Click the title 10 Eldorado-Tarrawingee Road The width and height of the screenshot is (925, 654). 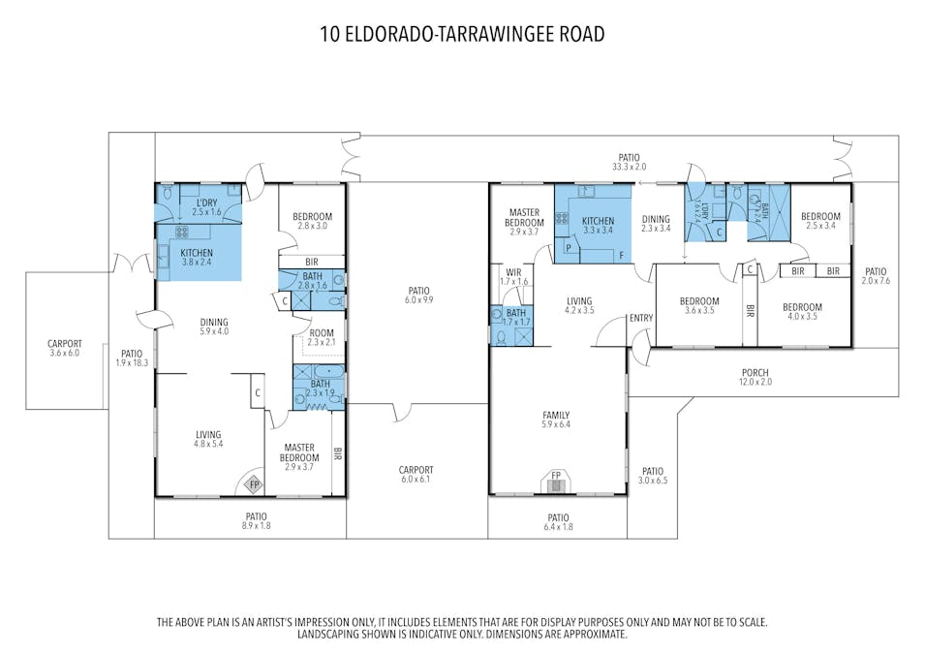(x=463, y=34)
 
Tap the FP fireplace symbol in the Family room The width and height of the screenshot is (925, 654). (x=556, y=482)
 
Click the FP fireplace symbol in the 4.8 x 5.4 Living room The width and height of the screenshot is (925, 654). (x=255, y=485)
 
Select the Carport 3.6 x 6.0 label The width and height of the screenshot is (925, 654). (x=65, y=348)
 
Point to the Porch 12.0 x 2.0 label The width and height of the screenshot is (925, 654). (x=755, y=377)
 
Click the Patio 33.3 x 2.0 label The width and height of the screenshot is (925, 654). (x=629, y=163)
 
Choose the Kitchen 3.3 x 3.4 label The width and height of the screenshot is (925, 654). (x=599, y=226)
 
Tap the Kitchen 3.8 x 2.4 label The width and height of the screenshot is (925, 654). (x=197, y=258)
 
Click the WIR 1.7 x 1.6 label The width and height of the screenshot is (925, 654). (x=513, y=277)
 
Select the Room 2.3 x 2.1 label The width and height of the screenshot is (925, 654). (x=322, y=337)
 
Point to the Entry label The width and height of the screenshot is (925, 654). (x=641, y=318)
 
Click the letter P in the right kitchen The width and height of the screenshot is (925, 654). (x=569, y=248)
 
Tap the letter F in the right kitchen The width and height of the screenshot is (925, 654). (x=621, y=256)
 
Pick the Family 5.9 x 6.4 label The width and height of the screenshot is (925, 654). (x=556, y=420)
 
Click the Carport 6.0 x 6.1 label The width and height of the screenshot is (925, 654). (x=416, y=475)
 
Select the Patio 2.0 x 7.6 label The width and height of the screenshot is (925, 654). (x=876, y=276)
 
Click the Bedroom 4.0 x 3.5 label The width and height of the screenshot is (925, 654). (x=802, y=312)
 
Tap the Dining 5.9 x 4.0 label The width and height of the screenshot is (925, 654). (x=214, y=327)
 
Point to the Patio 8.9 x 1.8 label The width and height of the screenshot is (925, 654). (x=256, y=521)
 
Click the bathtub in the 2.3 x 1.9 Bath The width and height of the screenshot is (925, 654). (x=328, y=372)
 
